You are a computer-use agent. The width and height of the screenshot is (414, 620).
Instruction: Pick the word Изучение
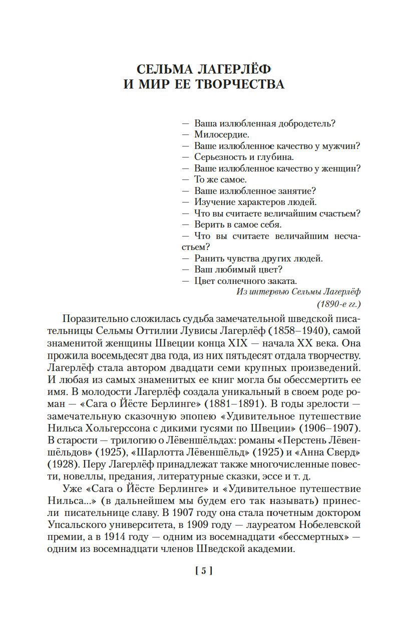[x=213, y=202]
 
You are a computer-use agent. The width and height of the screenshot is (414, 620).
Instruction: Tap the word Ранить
[x=208, y=258]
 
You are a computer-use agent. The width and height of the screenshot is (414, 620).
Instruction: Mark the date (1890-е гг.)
[x=339, y=303]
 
